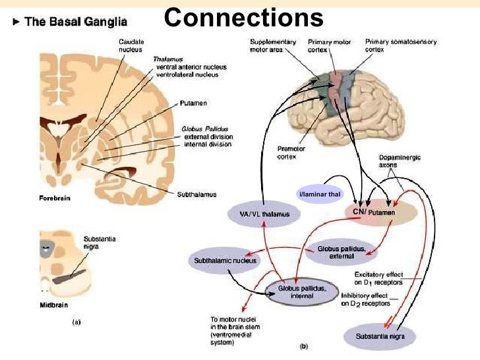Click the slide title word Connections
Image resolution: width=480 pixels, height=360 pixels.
click(x=244, y=17)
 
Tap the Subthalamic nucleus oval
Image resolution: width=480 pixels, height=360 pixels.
click(x=225, y=260)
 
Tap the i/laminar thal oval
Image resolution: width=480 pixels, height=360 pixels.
click(x=319, y=193)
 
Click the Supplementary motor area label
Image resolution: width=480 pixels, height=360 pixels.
click(x=272, y=45)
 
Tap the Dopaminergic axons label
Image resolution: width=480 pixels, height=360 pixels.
click(x=400, y=162)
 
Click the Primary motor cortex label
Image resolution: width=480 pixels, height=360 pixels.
click(x=332, y=45)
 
